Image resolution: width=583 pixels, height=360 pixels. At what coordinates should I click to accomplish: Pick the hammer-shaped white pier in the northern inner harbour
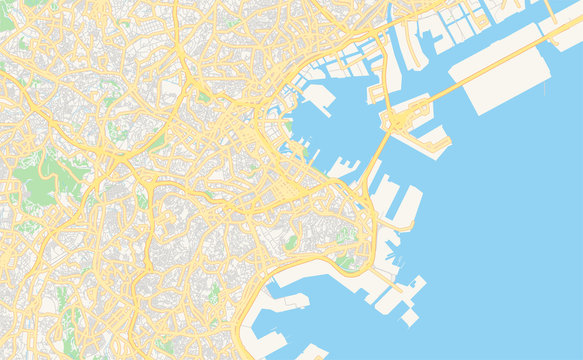[x=320, y=97]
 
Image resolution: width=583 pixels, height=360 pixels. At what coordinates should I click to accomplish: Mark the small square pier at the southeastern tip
[x=409, y=317]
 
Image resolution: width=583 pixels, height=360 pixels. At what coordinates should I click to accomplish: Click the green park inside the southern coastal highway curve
[x=344, y=262]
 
